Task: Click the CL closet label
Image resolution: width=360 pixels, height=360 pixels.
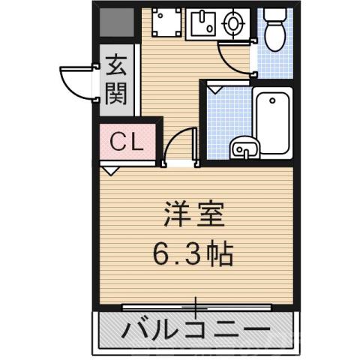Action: (127, 141)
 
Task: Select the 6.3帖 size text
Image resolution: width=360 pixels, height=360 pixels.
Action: (194, 254)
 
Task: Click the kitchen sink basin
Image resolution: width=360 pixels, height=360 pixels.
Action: (201, 25)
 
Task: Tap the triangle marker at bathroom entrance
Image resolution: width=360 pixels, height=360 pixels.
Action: (217, 88)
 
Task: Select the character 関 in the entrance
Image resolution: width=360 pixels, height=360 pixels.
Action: (116, 93)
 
